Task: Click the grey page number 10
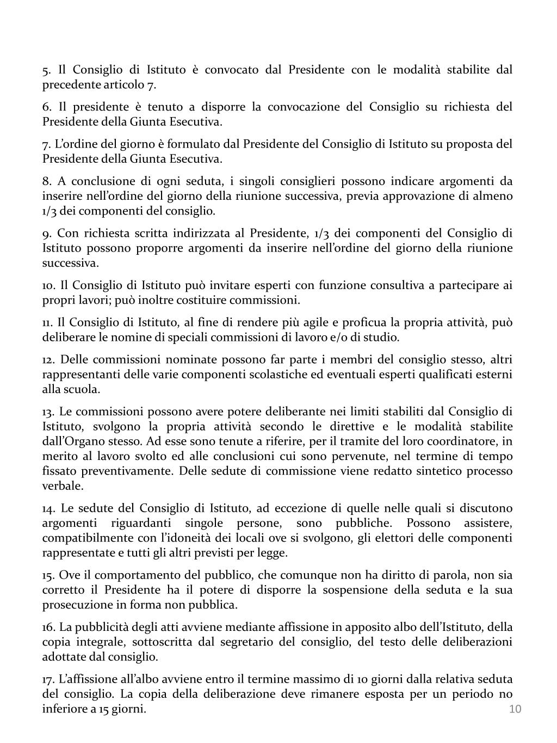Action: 515,708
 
